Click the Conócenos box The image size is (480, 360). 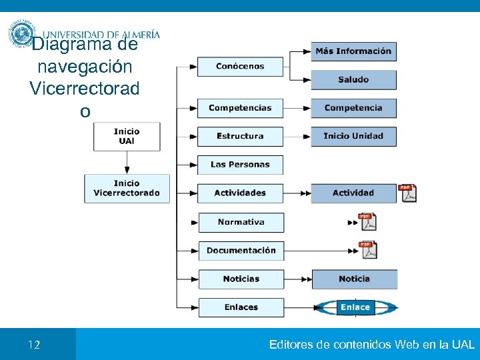click(x=240, y=67)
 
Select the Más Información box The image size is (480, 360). click(x=353, y=51)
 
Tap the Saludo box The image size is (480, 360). click(x=353, y=80)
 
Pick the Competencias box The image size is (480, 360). click(x=240, y=108)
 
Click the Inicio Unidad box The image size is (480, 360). click(x=353, y=136)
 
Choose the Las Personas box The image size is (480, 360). click(x=240, y=165)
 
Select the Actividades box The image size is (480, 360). click(x=240, y=193)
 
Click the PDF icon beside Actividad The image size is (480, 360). click(x=407, y=193)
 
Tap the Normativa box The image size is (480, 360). click(x=241, y=222)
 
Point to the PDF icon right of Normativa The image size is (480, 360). click(x=367, y=222)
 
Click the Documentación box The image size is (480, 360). click(x=241, y=251)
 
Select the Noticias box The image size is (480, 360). click(x=241, y=279)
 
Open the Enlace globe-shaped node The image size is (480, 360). click(x=355, y=307)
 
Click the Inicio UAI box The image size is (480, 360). click(x=127, y=136)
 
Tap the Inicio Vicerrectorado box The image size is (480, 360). click(x=127, y=188)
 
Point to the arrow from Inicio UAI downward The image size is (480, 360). click(x=127, y=162)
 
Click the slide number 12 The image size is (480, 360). click(x=34, y=345)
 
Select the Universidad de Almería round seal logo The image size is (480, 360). click(x=21, y=33)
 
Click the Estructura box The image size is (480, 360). click(x=240, y=136)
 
